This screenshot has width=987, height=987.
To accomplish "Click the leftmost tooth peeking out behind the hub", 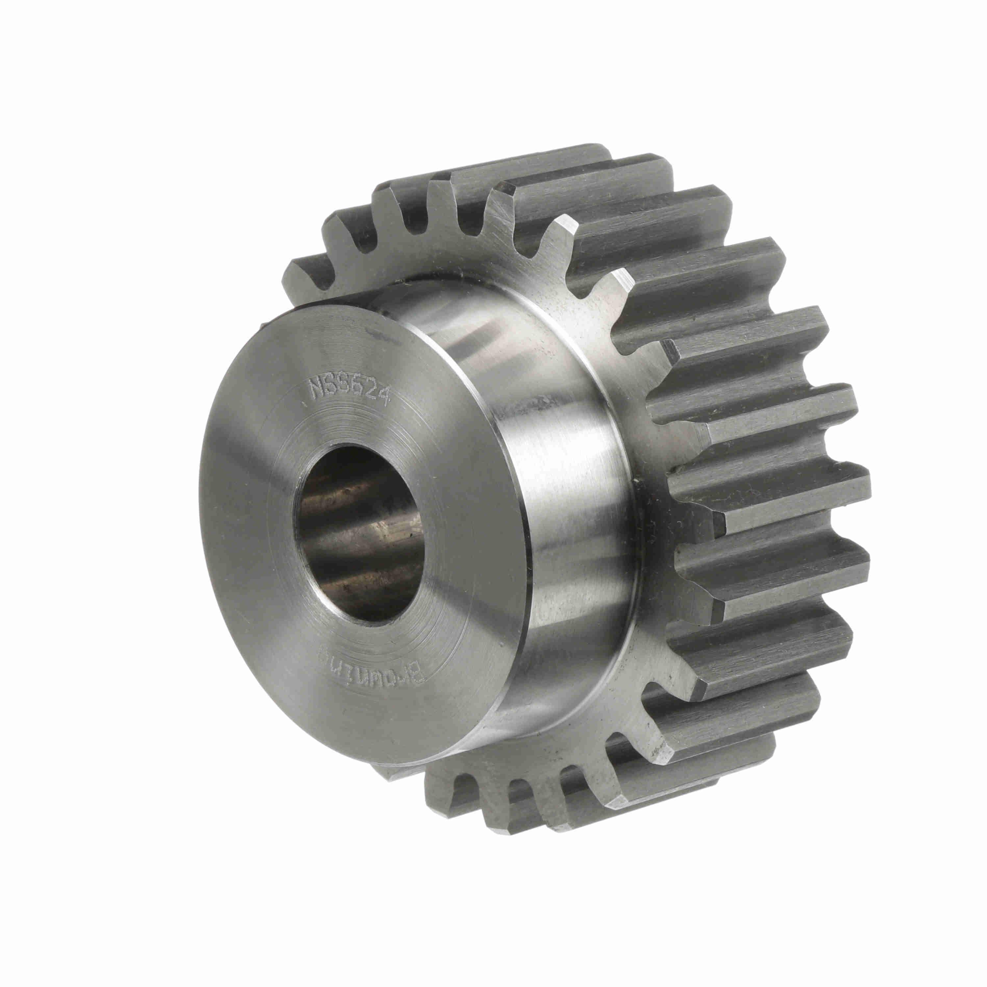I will coord(301,276).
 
